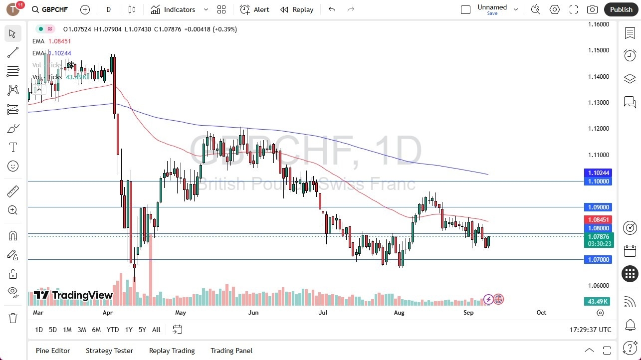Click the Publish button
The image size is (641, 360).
621,9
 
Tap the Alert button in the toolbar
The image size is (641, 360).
254,9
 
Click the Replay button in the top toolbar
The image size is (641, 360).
297,9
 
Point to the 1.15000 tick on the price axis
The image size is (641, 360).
598,50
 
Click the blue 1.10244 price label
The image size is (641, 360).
598,173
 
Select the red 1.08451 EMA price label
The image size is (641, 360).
598,220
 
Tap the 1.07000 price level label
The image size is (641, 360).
598,260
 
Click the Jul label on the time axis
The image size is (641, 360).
323,313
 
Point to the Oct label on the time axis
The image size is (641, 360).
541,313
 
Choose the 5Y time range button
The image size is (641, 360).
142,330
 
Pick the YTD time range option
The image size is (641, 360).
113,330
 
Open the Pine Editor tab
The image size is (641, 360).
53,351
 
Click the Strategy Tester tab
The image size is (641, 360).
109,351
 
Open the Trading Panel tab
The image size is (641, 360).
231,351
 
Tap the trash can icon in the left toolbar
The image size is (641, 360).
13,318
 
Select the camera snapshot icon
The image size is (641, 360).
592,9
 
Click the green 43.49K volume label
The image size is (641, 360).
598,302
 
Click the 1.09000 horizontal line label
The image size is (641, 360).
598,207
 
